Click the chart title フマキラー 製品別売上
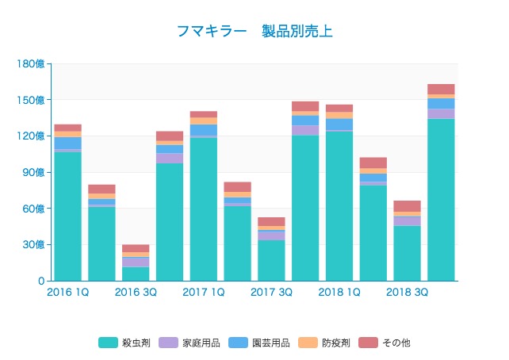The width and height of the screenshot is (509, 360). click(254, 32)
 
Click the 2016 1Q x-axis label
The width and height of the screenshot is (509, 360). click(67, 293)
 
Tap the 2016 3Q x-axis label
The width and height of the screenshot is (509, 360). click(136, 293)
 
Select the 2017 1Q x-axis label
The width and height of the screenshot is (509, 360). click(204, 293)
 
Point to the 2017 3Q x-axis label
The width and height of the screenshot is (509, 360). click(272, 293)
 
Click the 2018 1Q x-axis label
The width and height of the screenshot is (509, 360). click(339, 293)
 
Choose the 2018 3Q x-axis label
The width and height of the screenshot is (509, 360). click(408, 293)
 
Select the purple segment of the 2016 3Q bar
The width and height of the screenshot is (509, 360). click(136, 262)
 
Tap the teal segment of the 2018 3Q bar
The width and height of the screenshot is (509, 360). click(408, 253)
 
